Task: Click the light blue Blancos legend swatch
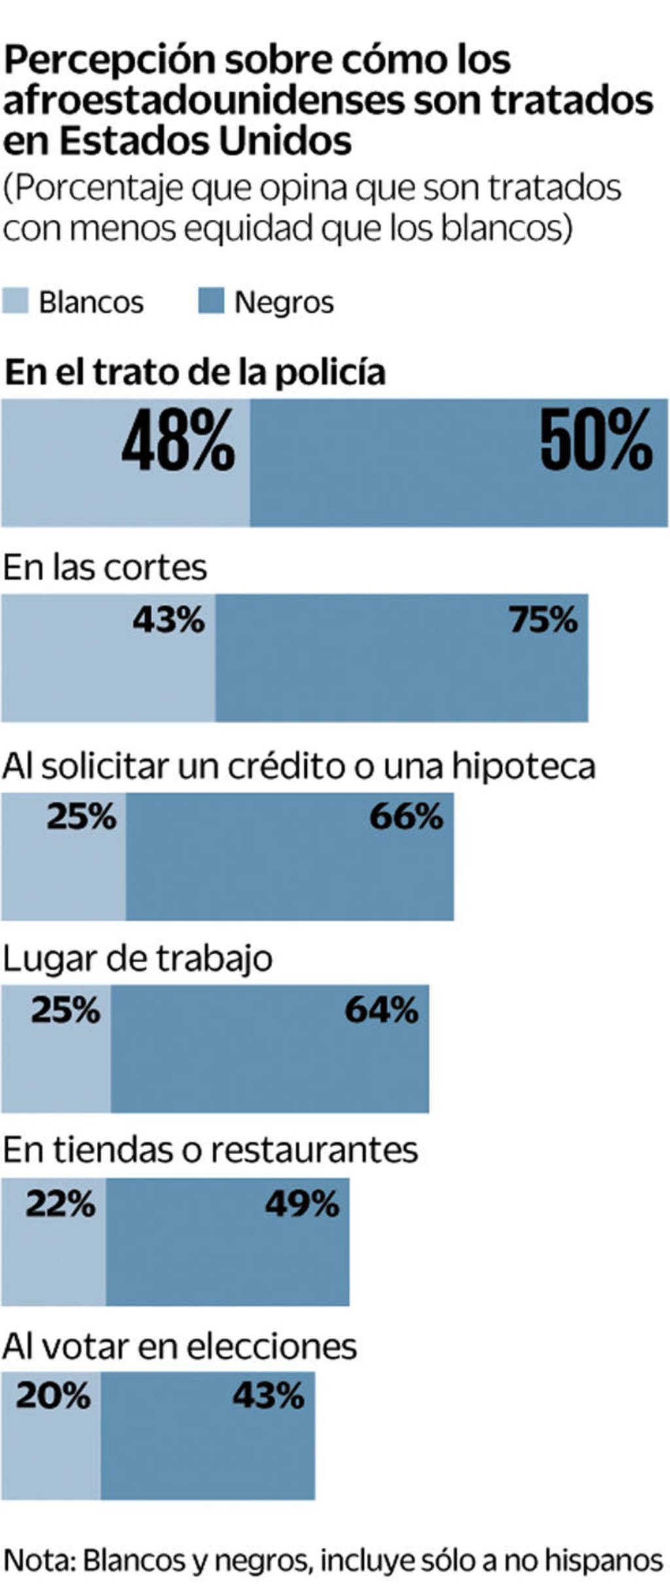(15, 301)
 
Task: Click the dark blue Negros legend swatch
(211, 301)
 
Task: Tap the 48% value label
(178, 439)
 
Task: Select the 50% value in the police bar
(596, 439)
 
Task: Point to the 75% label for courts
(543, 619)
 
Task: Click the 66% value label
(406, 817)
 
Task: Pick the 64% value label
(381, 1010)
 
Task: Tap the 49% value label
(302, 1204)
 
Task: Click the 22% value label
(60, 1204)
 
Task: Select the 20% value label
(53, 1396)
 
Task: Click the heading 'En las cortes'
(105, 567)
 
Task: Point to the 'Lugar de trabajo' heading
(137, 958)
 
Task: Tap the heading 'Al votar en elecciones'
(179, 1347)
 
